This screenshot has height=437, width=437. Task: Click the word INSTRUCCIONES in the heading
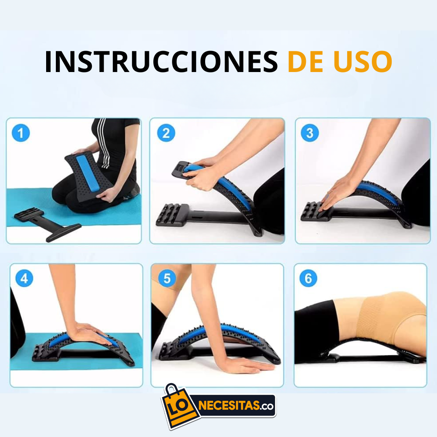click(x=161, y=62)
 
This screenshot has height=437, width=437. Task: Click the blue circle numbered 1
click(x=21, y=133)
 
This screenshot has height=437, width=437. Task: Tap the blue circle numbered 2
click(x=166, y=133)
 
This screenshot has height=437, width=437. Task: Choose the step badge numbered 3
click(x=310, y=133)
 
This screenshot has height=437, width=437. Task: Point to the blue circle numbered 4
click(x=24, y=279)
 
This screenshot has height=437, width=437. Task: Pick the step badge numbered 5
click(x=167, y=279)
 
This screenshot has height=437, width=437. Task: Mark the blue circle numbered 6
click(x=308, y=279)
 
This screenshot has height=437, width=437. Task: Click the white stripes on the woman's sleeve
click(x=103, y=142)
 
